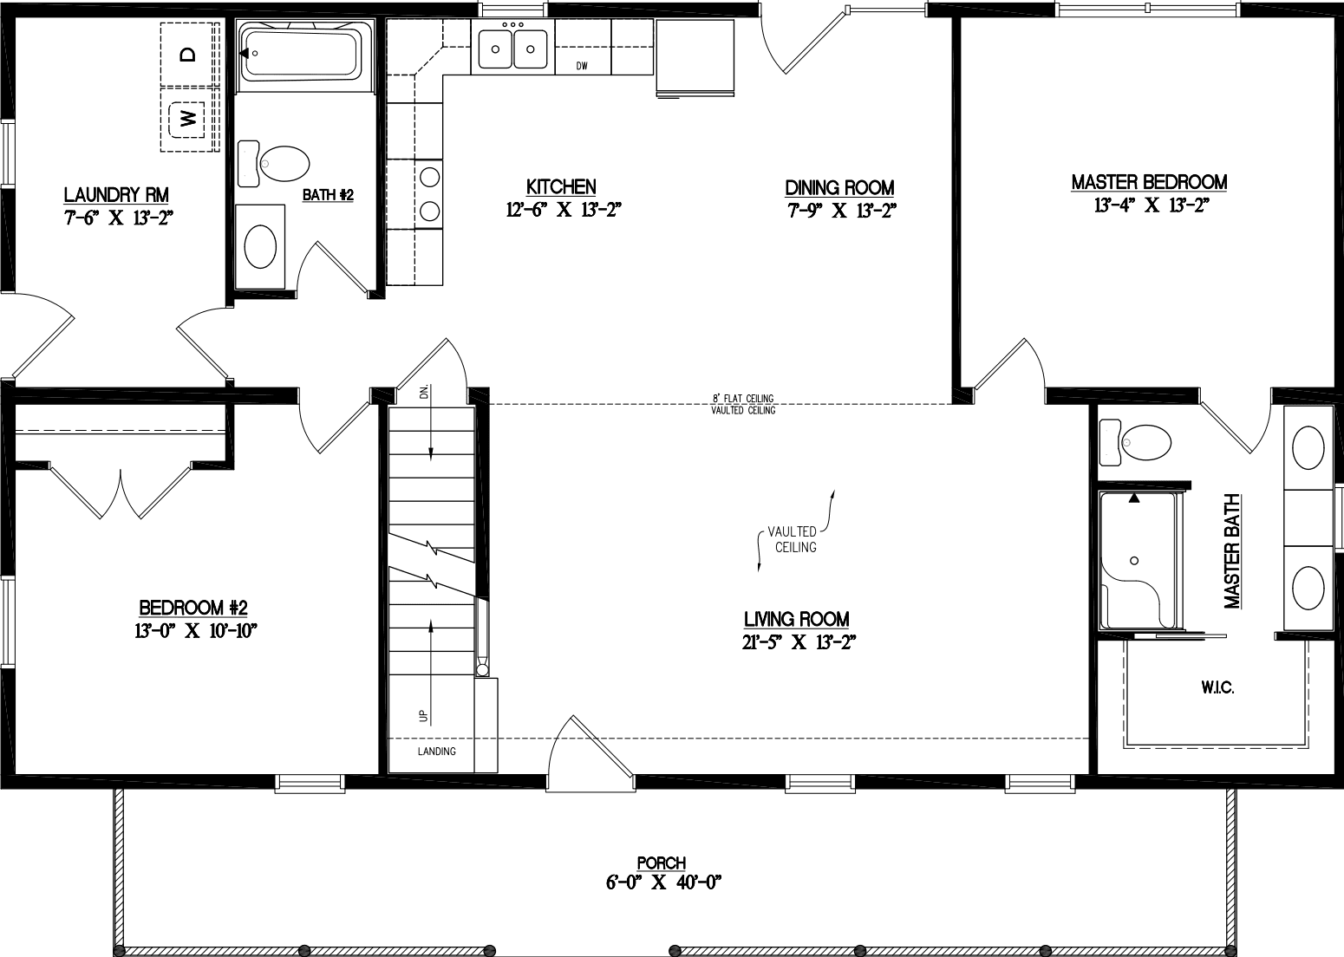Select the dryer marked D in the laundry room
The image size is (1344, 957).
(188, 55)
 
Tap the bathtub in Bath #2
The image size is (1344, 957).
(300, 53)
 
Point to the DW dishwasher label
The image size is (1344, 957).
(583, 66)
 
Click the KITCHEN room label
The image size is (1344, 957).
(561, 187)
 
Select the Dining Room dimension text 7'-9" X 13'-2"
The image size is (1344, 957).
(841, 210)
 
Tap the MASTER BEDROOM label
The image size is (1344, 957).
(1149, 182)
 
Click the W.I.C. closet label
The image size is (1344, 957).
(1217, 687)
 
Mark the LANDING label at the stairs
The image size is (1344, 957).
(436, 752)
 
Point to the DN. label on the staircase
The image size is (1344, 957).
(425, 392)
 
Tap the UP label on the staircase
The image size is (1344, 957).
(423, 716)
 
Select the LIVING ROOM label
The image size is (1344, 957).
(796, 619)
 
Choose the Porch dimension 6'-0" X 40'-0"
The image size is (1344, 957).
(663, 883)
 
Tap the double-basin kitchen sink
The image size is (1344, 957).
(512, 49)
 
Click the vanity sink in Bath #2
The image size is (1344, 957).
(260, 246)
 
